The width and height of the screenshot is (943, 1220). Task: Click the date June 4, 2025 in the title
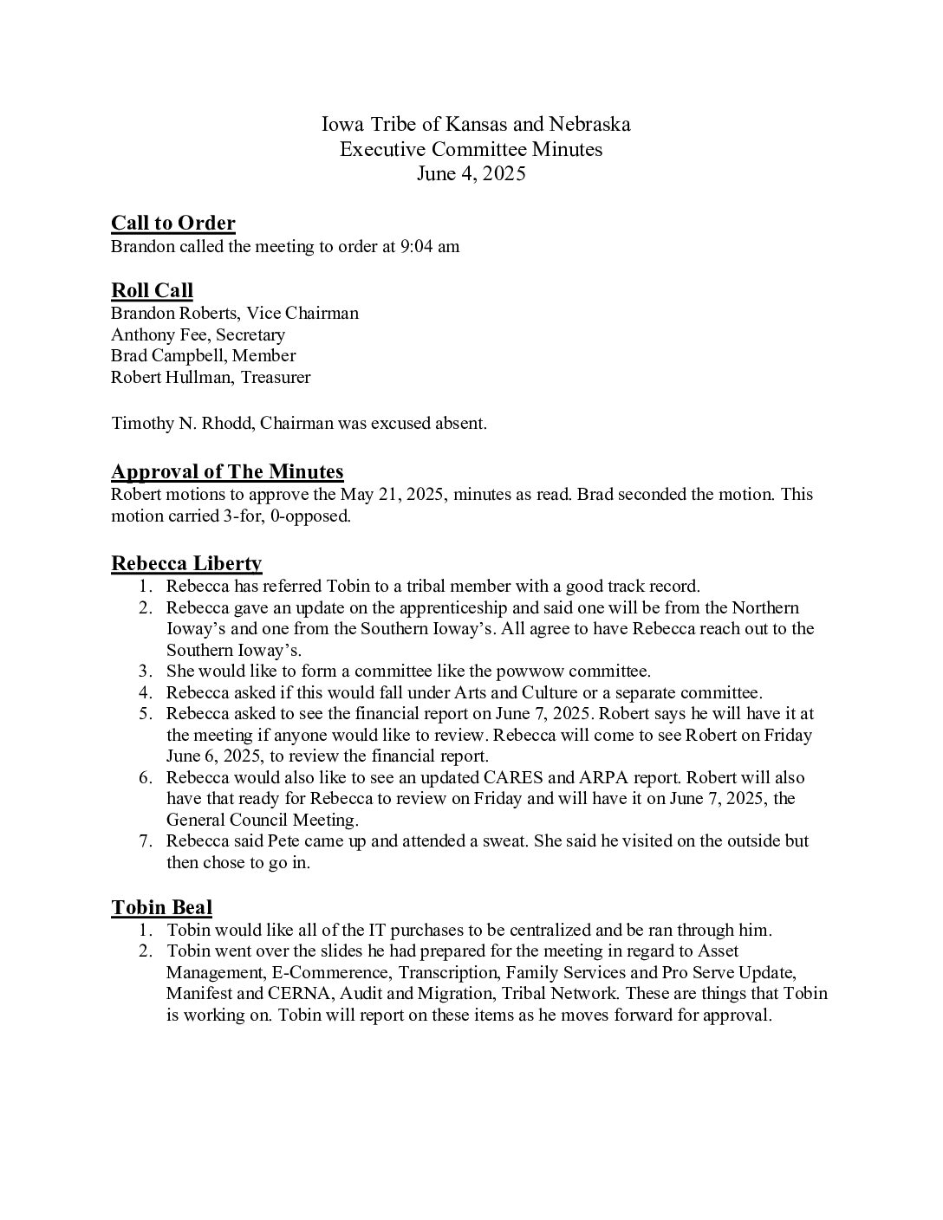[x=471, y=173]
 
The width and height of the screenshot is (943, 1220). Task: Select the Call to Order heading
[x=172, y=223]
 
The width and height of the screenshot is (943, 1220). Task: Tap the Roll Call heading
[x=152, y=290]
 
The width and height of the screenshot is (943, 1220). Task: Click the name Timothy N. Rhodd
[x=181, y=424]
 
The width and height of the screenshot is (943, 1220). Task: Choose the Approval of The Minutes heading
[x=227, y=471]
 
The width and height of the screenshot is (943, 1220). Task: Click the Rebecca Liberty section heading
[x=186, y=563]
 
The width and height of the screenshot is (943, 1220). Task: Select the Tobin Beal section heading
[x=161, y=907]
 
